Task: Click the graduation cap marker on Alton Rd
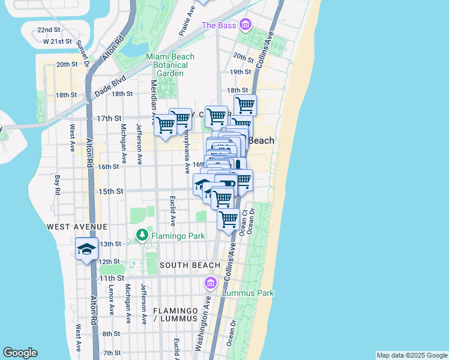[x=87, y=249]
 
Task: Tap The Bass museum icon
[x=245, y=25]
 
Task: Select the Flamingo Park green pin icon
[x=142, y=235]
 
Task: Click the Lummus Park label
[x=248, y=293]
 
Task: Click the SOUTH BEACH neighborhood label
[x=190, y=265]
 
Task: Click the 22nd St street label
[x=49, y=29]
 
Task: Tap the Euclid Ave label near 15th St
[x=172, y=211]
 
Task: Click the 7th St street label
[x=112, y=352]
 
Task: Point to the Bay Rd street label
[x=58, y=188]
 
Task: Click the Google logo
[x=20, y=353]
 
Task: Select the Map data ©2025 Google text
[x=412, y=355]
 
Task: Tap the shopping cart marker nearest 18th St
[x=245, y=105]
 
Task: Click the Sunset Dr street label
[x=83, y=53]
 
